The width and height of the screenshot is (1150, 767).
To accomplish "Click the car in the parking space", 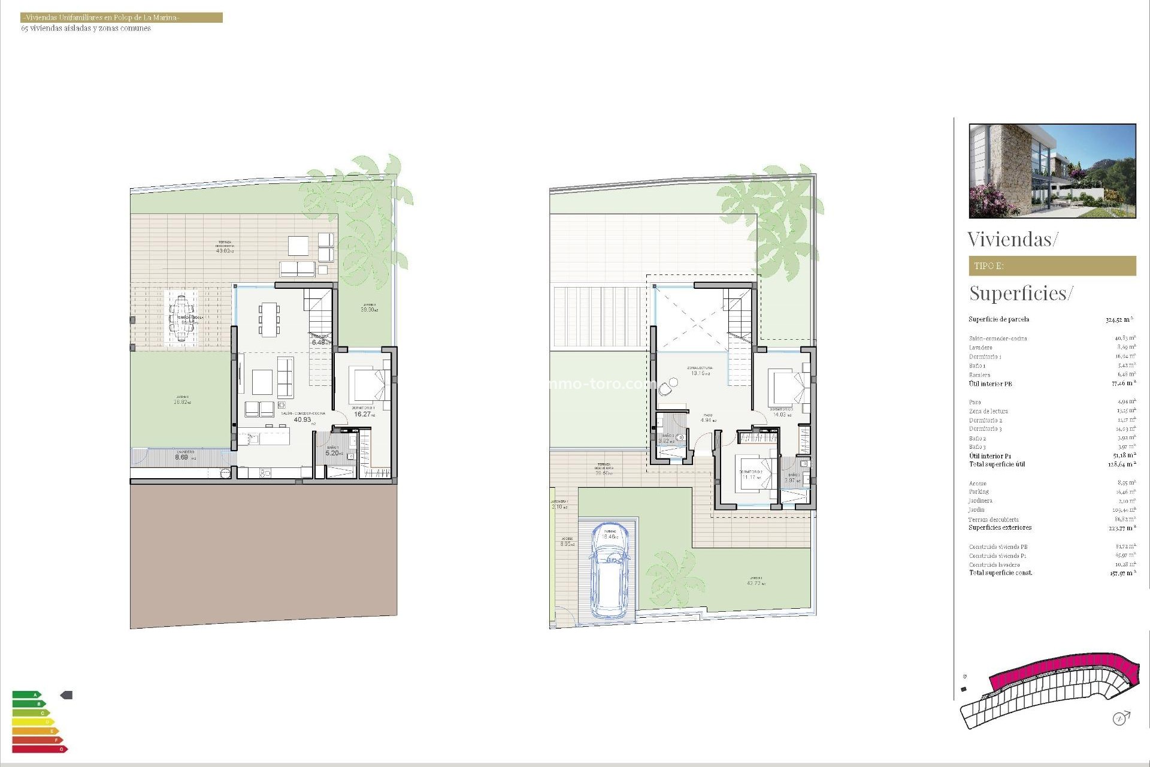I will coord(609,572).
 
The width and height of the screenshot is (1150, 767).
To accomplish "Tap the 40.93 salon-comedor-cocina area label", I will coord(302,419).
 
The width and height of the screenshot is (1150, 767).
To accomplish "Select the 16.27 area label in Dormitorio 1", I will coord(363,414).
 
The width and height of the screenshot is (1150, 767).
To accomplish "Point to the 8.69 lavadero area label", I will coord(181,457).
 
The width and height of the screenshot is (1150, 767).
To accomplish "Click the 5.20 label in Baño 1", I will coord(332,453).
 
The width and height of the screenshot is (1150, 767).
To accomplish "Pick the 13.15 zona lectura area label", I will coord(698,373).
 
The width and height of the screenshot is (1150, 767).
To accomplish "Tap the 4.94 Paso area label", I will coord(707,420).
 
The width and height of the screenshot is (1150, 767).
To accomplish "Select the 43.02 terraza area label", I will coord(223,250).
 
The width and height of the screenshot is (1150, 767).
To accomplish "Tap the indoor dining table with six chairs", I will coord(269,318).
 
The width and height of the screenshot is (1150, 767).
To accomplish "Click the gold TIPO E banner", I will coord(1052,265).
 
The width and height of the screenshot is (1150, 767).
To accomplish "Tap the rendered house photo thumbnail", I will coord(1052,171).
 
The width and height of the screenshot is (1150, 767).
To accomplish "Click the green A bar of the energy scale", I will coord(27,695).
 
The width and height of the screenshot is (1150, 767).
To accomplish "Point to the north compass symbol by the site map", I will coord(1120,718).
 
